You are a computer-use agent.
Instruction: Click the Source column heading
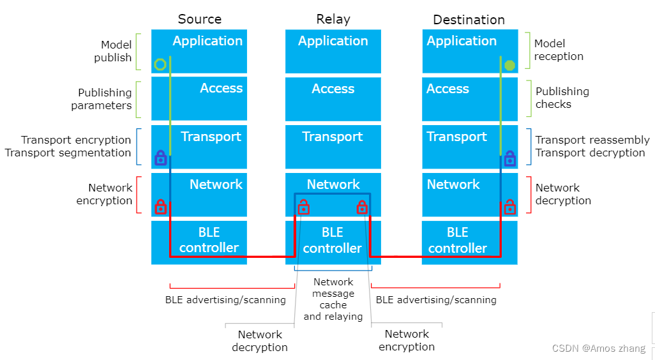coord(199,19)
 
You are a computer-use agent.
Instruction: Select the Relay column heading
coord(333,19)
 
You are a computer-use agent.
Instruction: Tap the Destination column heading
coord(469,20)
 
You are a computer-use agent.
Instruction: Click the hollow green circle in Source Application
coord(160,64)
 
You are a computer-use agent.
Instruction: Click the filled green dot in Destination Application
coord(509,65)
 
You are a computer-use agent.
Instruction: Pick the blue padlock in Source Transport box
coord(160,158)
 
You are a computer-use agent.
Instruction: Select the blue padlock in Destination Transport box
coord(509,158)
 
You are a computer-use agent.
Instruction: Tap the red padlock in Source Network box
coord(160,206)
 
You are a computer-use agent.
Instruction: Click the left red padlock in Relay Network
coord(304,206)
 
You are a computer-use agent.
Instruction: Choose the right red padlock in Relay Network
coord(362,206)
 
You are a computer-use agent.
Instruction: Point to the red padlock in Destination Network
coord(509,206)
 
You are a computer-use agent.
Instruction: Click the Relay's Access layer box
coord(333,98)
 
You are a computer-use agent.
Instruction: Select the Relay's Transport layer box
coord(333,146)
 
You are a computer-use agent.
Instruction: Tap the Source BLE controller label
coord(209,240)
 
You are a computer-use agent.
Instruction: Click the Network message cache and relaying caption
coord(333,299)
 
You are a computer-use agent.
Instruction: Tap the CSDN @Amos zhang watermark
coord(598,349)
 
